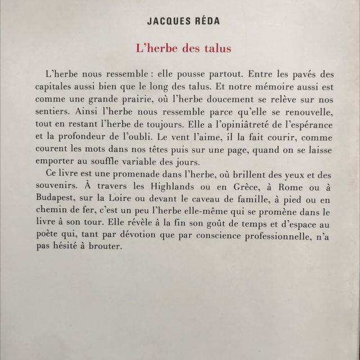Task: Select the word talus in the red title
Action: coord(217,48)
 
